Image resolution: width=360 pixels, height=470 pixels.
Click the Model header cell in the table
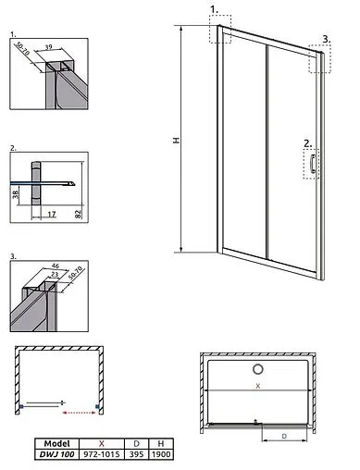tap(56, 443)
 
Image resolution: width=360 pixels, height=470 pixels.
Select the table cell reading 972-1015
tap(102, 454)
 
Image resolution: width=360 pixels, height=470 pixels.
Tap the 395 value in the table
tap(136, 454)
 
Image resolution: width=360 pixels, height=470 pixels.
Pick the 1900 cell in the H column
tap(161, 454)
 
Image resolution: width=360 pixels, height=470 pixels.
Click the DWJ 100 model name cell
tap(56, 454)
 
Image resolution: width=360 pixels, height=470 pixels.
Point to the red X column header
tap(102, 443)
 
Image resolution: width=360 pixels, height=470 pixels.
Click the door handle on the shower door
tap(313, 164)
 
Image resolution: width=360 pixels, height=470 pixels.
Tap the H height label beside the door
tap(176, 141)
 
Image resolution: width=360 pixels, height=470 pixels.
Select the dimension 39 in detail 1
tap(48, 47)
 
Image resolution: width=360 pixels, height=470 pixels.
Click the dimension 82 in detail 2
tap(79, 214)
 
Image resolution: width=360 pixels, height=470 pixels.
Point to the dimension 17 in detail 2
tap(52, 214)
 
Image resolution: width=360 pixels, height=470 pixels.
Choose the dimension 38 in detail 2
tap(16, 194)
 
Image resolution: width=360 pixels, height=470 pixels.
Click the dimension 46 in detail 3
tap(56, 266)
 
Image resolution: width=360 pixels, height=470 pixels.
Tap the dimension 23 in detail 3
tap(55, 274)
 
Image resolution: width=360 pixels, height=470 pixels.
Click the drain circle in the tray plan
tap(258, 369)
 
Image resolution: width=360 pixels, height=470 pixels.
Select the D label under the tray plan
tap(284, 436)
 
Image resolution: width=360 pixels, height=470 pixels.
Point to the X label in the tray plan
tap(258, 386)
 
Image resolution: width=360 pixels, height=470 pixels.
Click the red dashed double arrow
tap(79, 413)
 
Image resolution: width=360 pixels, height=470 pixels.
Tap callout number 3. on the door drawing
tap(327, 39)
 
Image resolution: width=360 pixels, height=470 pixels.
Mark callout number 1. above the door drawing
tap(214, 10)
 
